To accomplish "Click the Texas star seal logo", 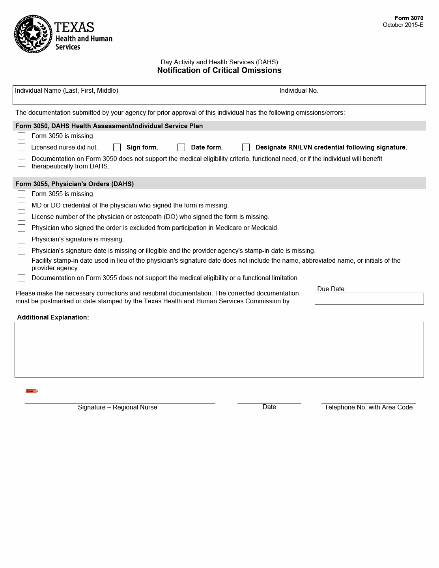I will point(33,34).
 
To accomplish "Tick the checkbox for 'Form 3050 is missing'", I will point(22,136).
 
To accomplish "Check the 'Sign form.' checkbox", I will point(117,148).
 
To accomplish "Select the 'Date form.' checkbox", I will point(181,148).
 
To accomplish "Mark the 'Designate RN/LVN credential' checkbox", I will point(246,148).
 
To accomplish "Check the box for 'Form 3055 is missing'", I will point(22,194).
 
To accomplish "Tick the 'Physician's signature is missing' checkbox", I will point(22,240).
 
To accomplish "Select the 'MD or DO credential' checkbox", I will point(22,206).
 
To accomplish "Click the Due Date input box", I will point(369,299).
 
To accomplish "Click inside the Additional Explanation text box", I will point(219,349).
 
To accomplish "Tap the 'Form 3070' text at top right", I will point(409,18).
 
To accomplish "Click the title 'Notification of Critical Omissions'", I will point(219,71).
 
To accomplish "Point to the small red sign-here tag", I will point(32,391).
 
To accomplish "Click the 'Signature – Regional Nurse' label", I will point(118,407).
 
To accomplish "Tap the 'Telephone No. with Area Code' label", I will point(368,407).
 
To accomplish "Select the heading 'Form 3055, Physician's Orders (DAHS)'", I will point(75,184).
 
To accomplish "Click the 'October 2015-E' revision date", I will point(403,25).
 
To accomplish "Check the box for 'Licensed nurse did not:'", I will point(22,148).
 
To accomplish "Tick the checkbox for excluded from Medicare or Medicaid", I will point(22,228).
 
